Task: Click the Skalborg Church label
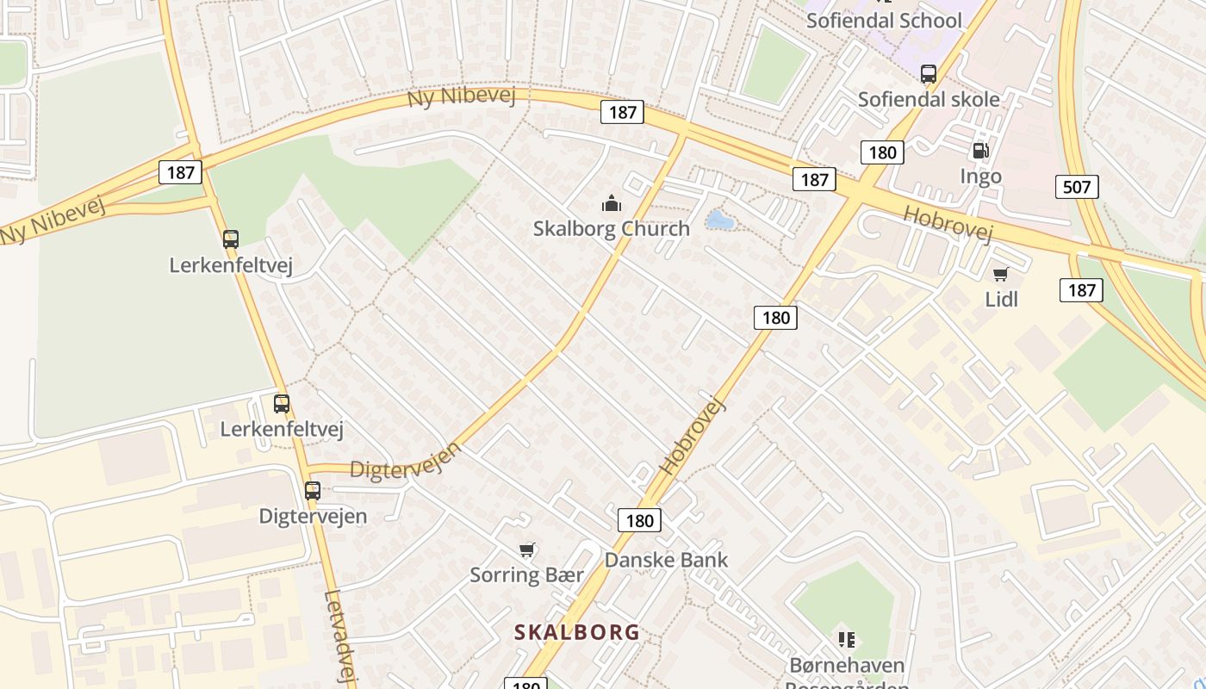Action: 611,228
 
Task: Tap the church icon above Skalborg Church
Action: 612,203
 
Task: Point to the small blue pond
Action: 719,220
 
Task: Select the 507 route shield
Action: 1077,186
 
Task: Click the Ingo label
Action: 980,177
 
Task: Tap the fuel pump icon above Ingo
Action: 980,152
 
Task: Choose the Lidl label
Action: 1001,299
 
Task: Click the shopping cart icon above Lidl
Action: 1000,275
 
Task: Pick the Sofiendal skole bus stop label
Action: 929,99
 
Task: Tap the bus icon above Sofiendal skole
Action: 928,74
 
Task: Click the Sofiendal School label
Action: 884,20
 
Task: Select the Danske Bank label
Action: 666,560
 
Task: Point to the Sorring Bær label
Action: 526,574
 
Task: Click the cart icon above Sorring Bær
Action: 527,549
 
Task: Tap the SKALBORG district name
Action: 577,632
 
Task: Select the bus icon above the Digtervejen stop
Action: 313,491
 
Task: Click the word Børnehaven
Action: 847,666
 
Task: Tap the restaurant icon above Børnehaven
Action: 847,640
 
